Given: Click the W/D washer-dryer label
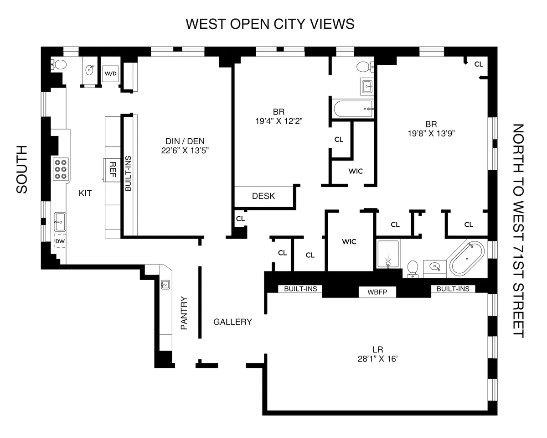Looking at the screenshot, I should pos(110,73).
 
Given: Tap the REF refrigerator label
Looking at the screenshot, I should pos(112,169).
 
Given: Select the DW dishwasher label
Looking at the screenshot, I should pos(60,241).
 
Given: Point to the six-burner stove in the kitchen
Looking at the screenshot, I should pos(61,169).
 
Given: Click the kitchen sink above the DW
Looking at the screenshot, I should pos(60,223).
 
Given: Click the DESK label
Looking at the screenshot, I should pos(263,196).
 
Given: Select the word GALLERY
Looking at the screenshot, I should pos(232,322).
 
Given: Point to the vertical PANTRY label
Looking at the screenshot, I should pos(184,313).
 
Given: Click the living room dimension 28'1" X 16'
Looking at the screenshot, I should pos(379,359).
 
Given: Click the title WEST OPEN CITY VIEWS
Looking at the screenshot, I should pos(270,24).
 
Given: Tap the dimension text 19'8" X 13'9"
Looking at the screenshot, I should pos(431,134).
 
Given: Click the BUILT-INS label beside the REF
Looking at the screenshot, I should pos(129,176).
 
